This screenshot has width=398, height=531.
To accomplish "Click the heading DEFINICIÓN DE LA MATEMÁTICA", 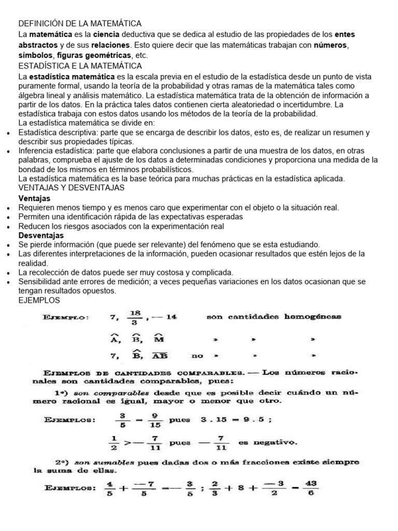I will [x=80, y=24].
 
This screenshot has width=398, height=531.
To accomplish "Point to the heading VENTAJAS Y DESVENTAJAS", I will [x=71, y=187].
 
